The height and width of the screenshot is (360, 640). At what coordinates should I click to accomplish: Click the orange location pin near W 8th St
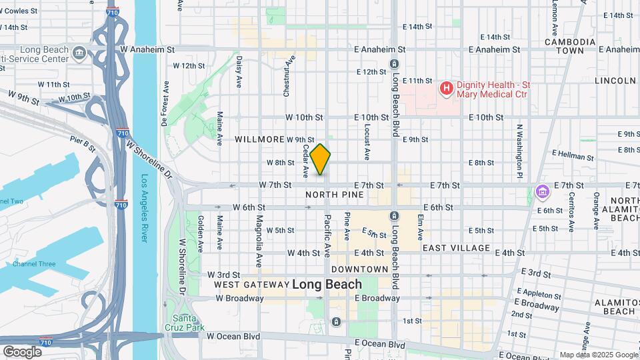[321, 159]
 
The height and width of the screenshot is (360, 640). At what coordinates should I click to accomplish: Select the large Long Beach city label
[327, 285]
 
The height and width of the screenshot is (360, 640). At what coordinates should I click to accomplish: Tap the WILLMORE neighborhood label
[259, 139]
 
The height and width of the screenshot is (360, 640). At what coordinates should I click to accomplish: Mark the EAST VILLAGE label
[456, 248]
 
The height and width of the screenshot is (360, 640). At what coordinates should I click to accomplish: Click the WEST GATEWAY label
[251, 285]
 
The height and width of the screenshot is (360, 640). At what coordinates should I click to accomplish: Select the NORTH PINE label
[335, 195]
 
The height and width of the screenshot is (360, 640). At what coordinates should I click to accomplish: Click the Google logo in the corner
[22, 351]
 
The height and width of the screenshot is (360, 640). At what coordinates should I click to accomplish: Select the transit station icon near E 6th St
[394, 216]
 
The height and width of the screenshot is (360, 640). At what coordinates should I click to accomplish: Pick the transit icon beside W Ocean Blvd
[337, 323]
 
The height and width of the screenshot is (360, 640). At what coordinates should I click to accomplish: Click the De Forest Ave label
[164, 103]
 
